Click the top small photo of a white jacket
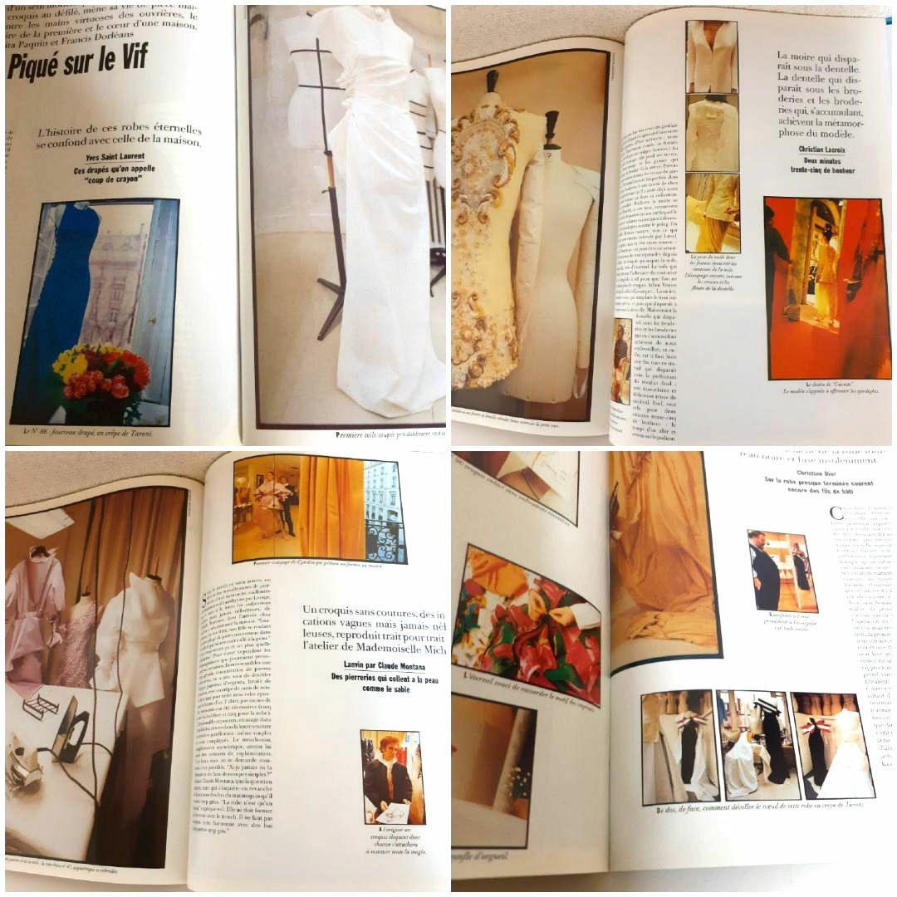click(x=712, y=56)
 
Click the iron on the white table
click(x=71, y=731)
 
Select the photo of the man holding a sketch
click(x=392, y=777)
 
